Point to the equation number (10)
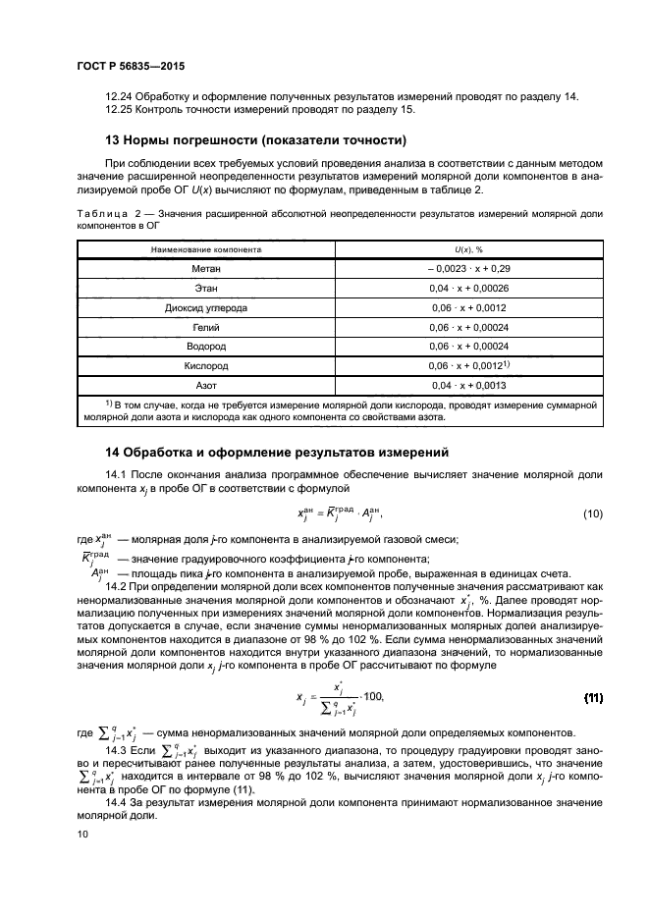click(x=592, y=514)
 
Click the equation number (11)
click(x=592, y=697)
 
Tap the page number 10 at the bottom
click(x=81, y=834)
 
